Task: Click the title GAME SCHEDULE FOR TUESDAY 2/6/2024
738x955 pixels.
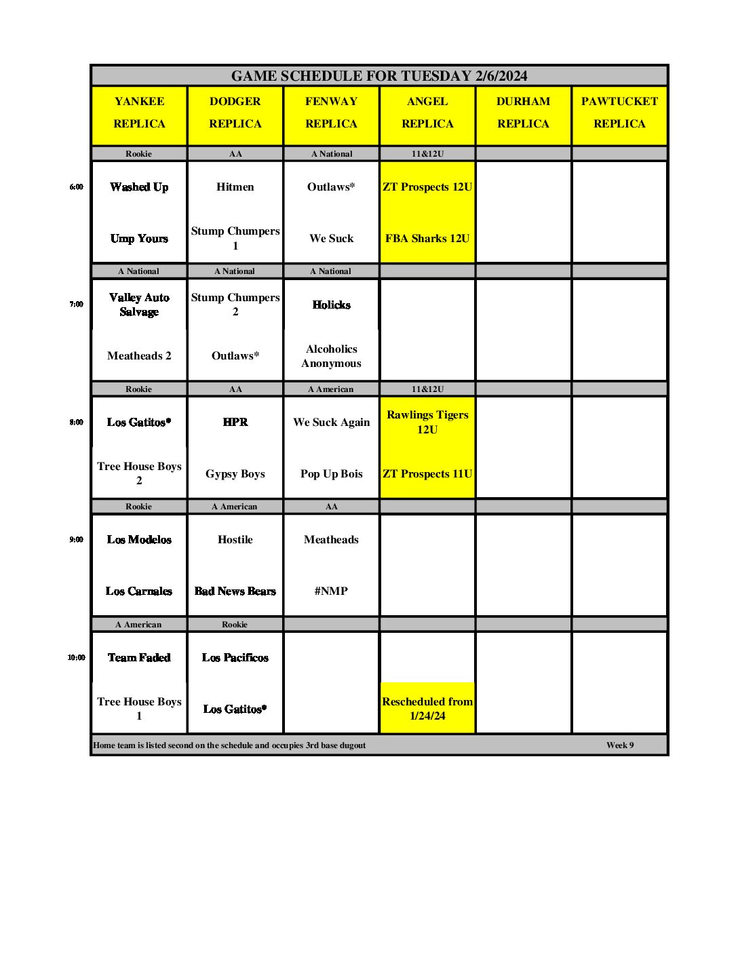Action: [x=378, y=76]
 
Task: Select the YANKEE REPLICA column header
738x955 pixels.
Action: [x=139, y=113]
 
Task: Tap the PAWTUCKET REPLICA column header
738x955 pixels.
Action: [x=619, y=113]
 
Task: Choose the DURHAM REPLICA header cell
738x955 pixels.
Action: [x=523, y=113]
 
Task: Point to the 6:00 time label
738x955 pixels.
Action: [x=77, y=187]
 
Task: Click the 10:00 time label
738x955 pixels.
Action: [x=77, y=657]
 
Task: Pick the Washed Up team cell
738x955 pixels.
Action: [x=139, y=187]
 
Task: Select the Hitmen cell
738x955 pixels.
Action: [x=235, y=187]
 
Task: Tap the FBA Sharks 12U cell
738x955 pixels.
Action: [x=427, y=239]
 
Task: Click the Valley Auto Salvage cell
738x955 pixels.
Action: [x=139, y=305]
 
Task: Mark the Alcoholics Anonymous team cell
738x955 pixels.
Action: [x=331, y=356]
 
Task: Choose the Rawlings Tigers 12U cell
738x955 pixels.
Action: [x=427, y=422]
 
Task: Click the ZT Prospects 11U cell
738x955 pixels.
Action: [x=427, y=474]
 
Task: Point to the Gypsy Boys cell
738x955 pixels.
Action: [x=235, y=474]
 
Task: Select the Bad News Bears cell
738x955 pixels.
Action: [x=235, y=591]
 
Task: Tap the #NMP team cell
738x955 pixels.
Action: [x=331, y=591]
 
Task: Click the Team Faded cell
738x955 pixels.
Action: [x=139, y=657]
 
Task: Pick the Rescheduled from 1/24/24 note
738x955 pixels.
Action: [x=427, y=709]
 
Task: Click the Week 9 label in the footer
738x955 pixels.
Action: [x=620, y=745]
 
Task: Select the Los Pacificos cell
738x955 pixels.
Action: [x=235, y=657]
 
